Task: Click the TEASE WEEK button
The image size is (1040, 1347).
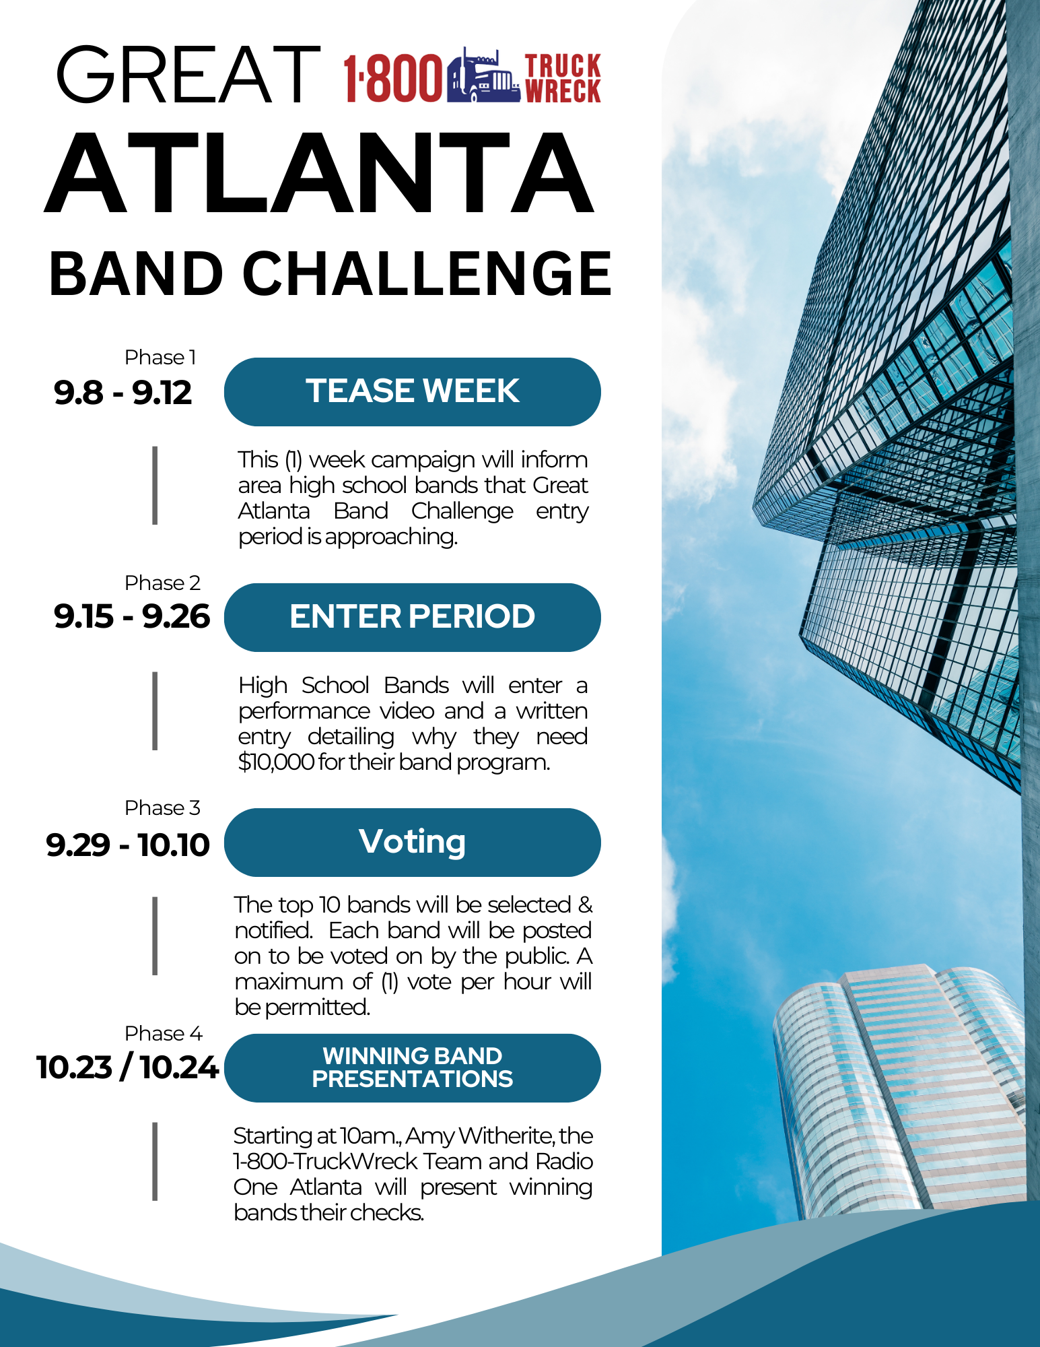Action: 412,391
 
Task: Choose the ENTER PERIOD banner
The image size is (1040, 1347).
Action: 412,617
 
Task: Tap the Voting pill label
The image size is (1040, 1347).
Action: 412,843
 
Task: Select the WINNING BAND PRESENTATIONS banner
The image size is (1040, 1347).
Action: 412,1067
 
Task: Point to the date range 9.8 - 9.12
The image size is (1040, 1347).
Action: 123,393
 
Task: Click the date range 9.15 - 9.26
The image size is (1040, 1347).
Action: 132,617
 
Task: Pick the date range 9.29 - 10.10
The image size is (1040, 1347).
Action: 128,845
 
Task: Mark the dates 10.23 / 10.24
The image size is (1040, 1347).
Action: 128,1067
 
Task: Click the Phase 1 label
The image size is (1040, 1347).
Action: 160,357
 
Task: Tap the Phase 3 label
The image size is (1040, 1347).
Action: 162,808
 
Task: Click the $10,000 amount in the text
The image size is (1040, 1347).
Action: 277,762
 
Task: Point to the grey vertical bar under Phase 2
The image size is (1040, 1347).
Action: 155,711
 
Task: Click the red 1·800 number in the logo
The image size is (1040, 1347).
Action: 393,78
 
